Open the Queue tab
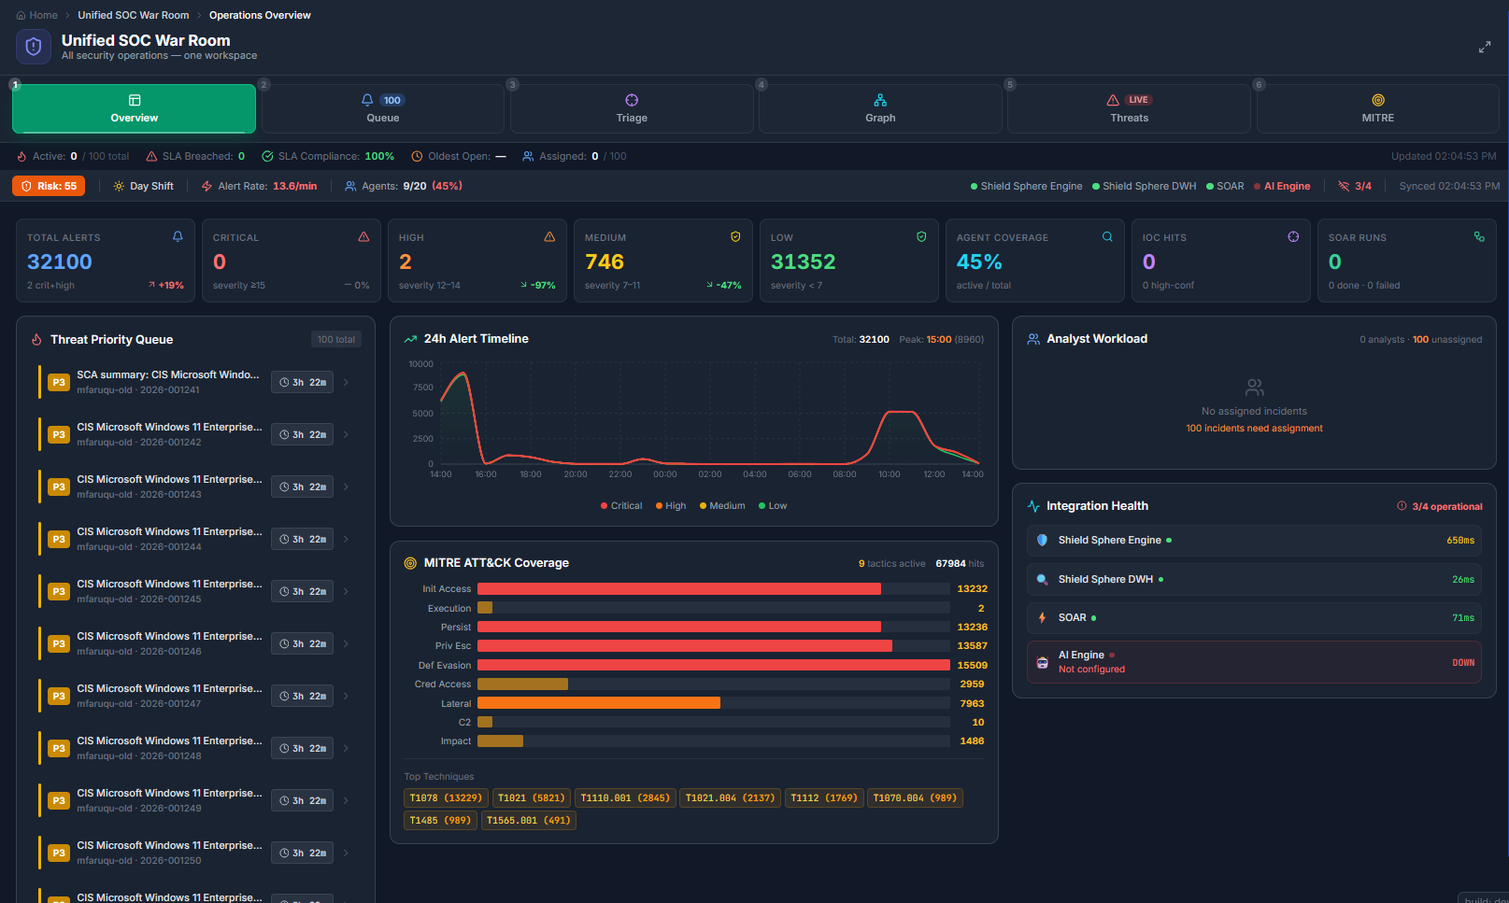(x=382, y=108)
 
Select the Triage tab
(x=632, y=108)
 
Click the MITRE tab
(x=1377, y=108)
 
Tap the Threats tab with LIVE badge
(x=1129, y=108)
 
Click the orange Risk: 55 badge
(x=49, y=186)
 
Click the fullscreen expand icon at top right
(x=1485, y=47)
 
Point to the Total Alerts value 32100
(x=60, y=262)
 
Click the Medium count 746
(x=605, y=262)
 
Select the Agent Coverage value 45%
(x=979, y=262)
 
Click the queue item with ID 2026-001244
(x=168, y=539)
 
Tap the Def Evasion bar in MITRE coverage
(x=713, y=665)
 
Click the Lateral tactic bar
(x=599, y=703)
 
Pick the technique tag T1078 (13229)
(x=446, y=798)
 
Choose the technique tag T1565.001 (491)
(x=528, y=821)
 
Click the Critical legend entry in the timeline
(x=621, y=506)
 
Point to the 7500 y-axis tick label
(x=423, y=388)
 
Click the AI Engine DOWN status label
(x=1462, y=662)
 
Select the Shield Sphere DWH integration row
(x=1254, y=580)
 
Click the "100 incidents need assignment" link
(x=1254, y=429)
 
